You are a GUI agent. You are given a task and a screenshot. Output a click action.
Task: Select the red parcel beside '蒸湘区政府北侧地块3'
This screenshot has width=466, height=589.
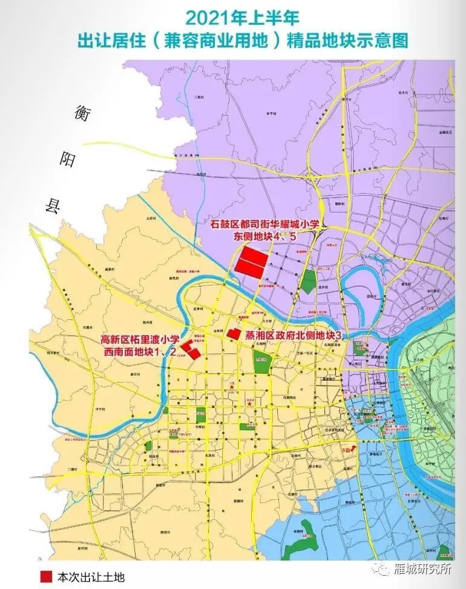coord(231,333)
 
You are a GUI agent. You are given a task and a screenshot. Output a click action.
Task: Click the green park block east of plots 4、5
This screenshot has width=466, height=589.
coord(309,281)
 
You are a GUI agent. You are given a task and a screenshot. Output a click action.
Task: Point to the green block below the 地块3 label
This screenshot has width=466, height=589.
coord(261,362)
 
